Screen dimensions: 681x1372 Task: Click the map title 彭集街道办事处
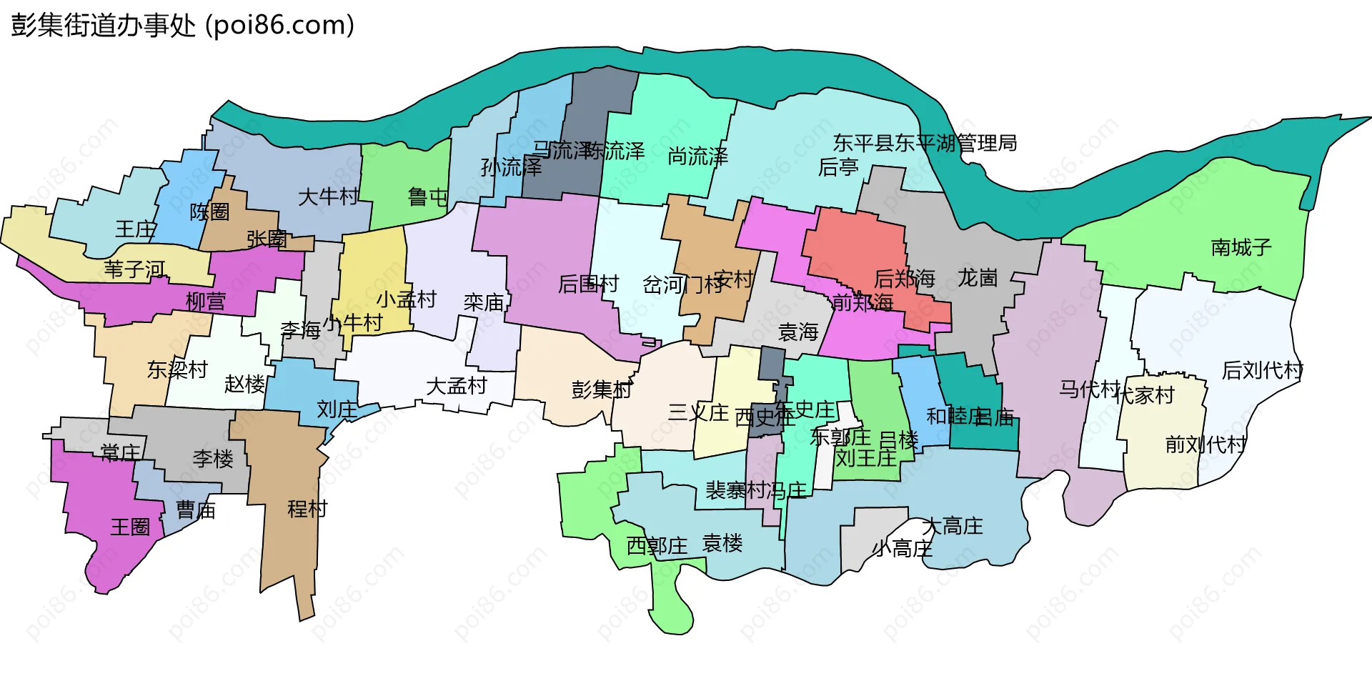coord(104,25)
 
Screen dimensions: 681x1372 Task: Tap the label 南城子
coord(1241,247)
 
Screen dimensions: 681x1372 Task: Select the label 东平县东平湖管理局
coord(925,143)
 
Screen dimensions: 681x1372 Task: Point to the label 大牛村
coord(328,197)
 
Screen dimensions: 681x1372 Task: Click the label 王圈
coord(130,527)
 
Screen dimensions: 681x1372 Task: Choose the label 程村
coord(307,509)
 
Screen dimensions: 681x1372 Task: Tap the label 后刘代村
coord(1262,370)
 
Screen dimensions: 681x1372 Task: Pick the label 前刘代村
coord(1206,444)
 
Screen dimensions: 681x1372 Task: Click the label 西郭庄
coord(657,546)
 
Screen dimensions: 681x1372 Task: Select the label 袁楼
coord(722,543)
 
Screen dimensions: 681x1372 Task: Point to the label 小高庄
coord(903,549)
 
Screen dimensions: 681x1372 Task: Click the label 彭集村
coord(602,389)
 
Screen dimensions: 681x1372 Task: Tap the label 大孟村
coord(456,386)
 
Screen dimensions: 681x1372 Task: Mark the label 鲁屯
coord(427,197)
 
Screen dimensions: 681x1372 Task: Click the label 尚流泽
coord(697,156)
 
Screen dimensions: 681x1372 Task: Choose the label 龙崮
coord(977,277)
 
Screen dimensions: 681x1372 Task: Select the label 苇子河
coord(134,269)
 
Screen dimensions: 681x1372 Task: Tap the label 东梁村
coord(177,369)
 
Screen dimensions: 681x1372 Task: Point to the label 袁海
coord(798,332)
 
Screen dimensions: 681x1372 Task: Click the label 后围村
coord(588,284)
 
